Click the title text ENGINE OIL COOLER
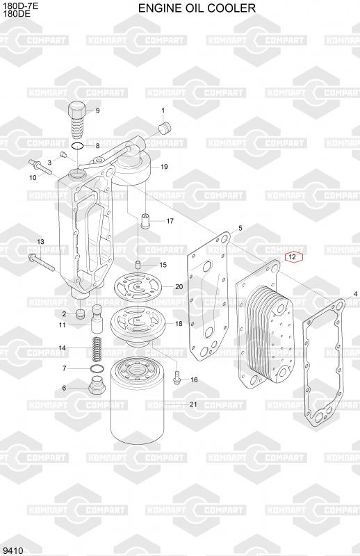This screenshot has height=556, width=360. (197, 8)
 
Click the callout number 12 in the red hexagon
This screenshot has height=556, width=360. (293, 257)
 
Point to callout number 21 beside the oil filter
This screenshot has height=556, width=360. (193, 404)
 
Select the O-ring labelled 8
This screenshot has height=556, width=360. (77, 146)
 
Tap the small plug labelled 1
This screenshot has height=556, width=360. (164, 128)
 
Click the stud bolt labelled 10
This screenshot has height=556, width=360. (40, 167)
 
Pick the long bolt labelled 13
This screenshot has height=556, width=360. (41, 263)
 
